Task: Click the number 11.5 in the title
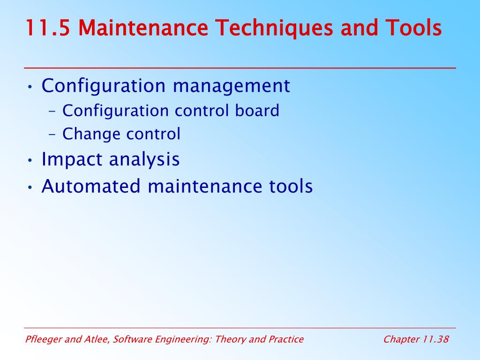click(x=48, y=28)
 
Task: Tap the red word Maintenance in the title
click(x=143, y=28)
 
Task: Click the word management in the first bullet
click(x=231, y=87)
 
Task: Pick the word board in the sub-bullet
click(x=257, y=110)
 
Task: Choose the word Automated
click(x=91, y=186)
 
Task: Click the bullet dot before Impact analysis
click(x=30, y=160)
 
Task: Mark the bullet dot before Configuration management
click(x=30, y=87)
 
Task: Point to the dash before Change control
click(x=52, y=135)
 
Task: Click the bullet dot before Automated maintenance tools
click(x=30, y=187)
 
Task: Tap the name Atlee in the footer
click(x=97, y=339)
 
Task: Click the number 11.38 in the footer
click(x=436, y=339)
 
